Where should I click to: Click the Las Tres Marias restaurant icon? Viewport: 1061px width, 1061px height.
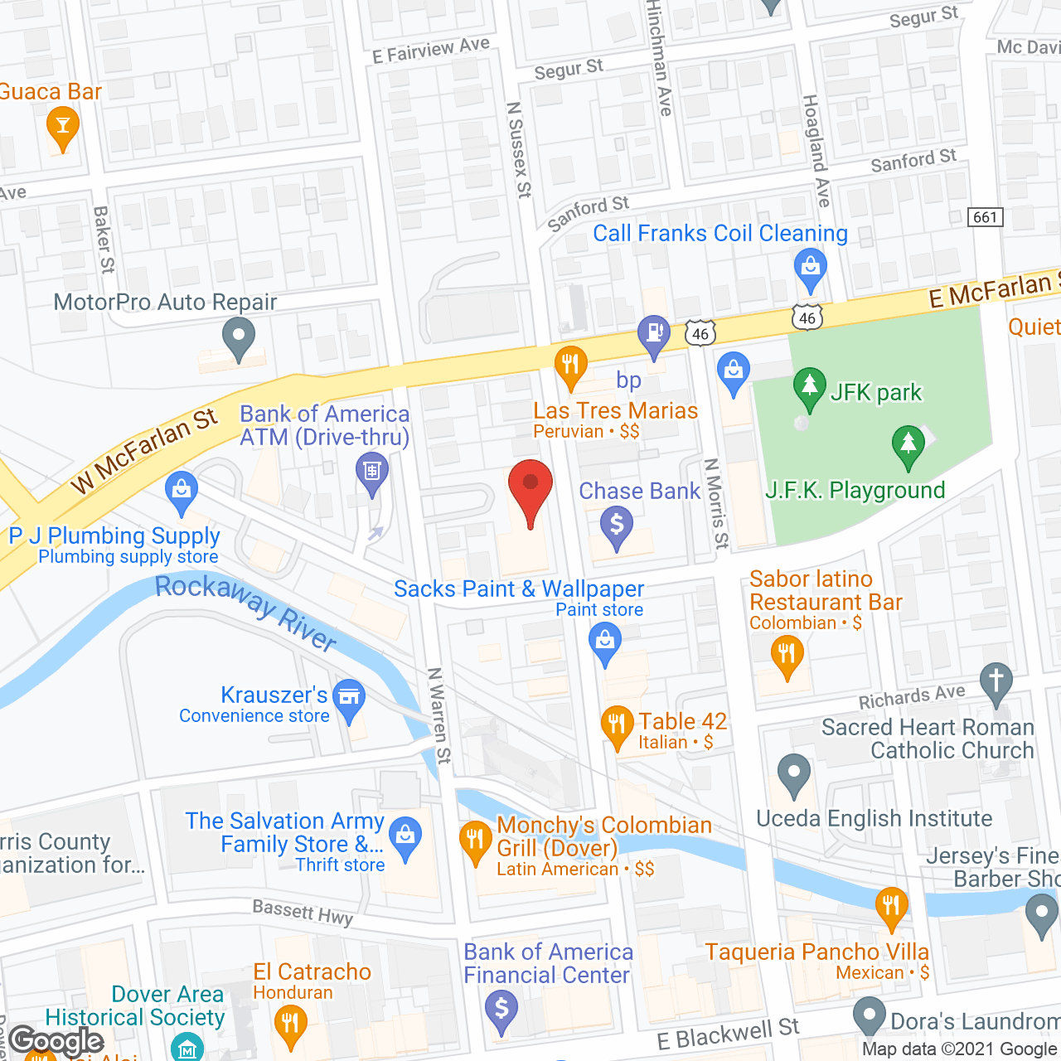[x=570, y=365]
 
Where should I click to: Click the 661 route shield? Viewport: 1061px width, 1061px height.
[x=986, y=217]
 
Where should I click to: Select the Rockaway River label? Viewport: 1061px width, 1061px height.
[x=246, y=611]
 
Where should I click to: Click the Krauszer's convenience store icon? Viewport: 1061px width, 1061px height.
[x=349, y=697]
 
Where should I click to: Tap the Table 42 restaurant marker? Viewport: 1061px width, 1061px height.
[x=616, y=724]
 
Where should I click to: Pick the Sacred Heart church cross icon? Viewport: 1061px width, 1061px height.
[x=996, y=681]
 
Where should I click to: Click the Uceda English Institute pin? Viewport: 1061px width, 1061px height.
[x=794, y=773]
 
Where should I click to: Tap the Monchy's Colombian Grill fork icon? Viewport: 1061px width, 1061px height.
[x=476, y=841]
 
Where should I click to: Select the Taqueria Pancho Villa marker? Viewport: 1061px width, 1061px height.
[x=891, y=905]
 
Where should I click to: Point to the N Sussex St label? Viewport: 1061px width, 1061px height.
[x=519, y=149]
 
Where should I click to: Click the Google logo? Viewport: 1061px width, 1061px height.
[x=56, y=1041]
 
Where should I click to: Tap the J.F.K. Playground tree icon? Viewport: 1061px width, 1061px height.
[x=908, y=443]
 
